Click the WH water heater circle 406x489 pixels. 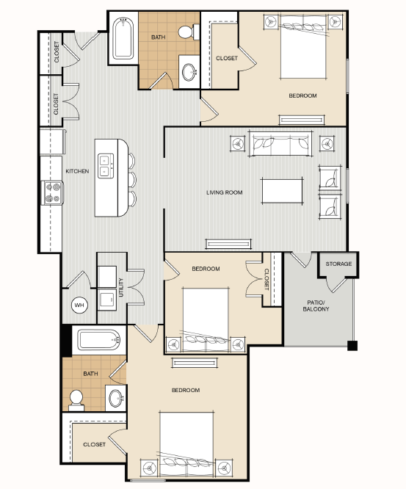[79, 305]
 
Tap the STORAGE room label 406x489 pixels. [338, 264]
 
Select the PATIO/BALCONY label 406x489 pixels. [316, 305]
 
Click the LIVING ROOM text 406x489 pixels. [224, 192]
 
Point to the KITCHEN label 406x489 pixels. [77, 171]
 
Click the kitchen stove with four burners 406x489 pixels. [52, 192]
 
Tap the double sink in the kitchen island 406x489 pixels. [106, 166]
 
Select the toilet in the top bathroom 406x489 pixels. [189, 32]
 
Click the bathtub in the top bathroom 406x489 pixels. [123, 38]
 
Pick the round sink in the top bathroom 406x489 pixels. [189, 72]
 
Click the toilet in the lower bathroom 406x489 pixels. [76, 401]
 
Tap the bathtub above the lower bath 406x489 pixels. [99, 340]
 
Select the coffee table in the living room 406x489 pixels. [282, 191]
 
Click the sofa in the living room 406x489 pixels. [280, 143]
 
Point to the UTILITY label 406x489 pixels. [121, 288]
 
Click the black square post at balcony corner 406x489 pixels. [352, 346]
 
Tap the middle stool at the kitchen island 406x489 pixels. [132, 179]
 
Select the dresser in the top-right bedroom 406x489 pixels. [302, 120]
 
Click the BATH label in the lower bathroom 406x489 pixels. [90, 374]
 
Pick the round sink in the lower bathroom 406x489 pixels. [116, 398]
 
